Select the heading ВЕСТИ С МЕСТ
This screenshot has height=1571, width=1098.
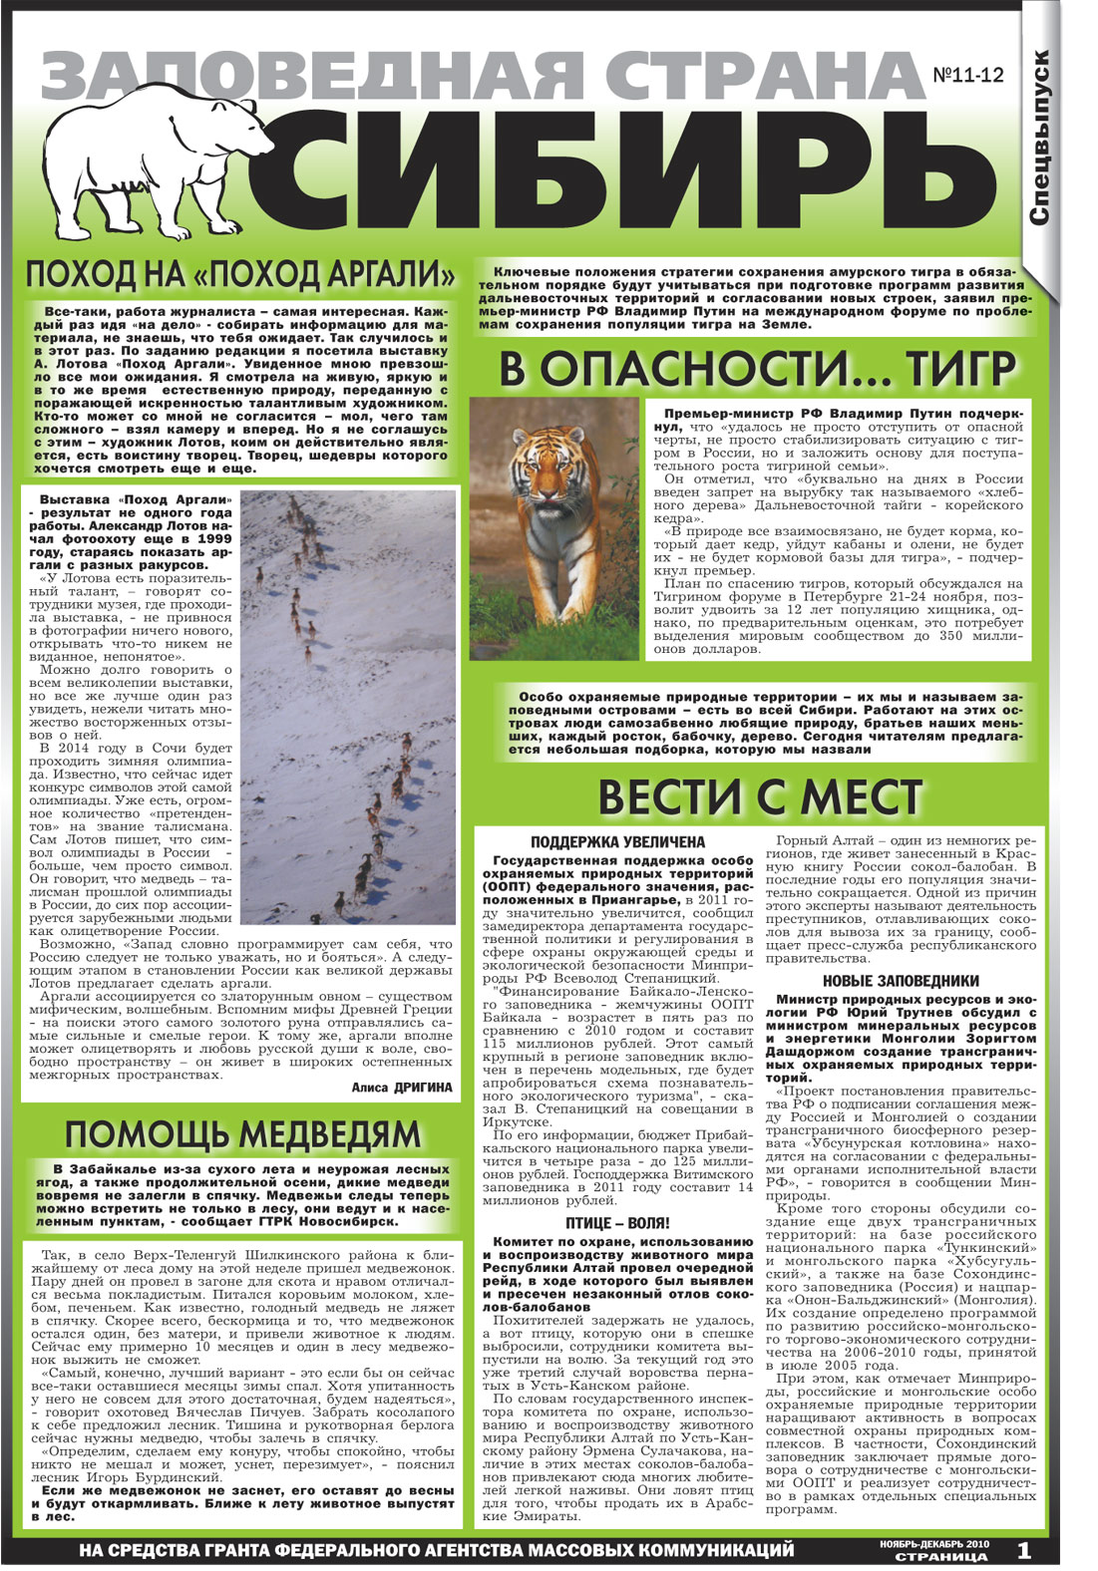pos(758,797)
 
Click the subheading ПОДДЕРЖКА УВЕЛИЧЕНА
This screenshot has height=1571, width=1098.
pos(617,842)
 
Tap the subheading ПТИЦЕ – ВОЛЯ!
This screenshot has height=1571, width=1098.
pos(617,1223)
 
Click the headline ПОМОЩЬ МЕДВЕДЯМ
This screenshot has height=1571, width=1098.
pos(242,1134)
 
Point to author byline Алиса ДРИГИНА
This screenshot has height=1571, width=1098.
pos(402,1088)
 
